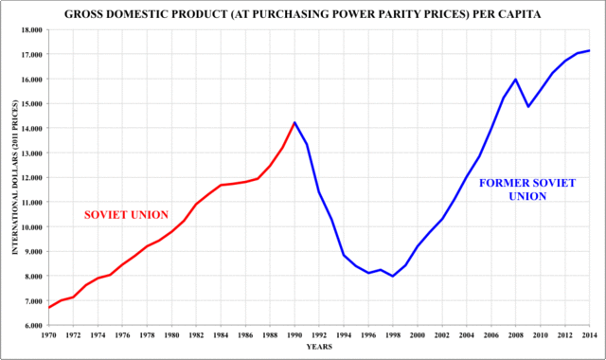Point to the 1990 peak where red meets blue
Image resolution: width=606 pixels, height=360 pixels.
294,122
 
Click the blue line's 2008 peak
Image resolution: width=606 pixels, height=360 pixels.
515,80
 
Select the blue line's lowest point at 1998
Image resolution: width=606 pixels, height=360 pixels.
393,276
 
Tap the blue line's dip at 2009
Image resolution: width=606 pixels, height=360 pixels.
528,106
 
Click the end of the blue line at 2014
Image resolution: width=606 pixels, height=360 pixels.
590,51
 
